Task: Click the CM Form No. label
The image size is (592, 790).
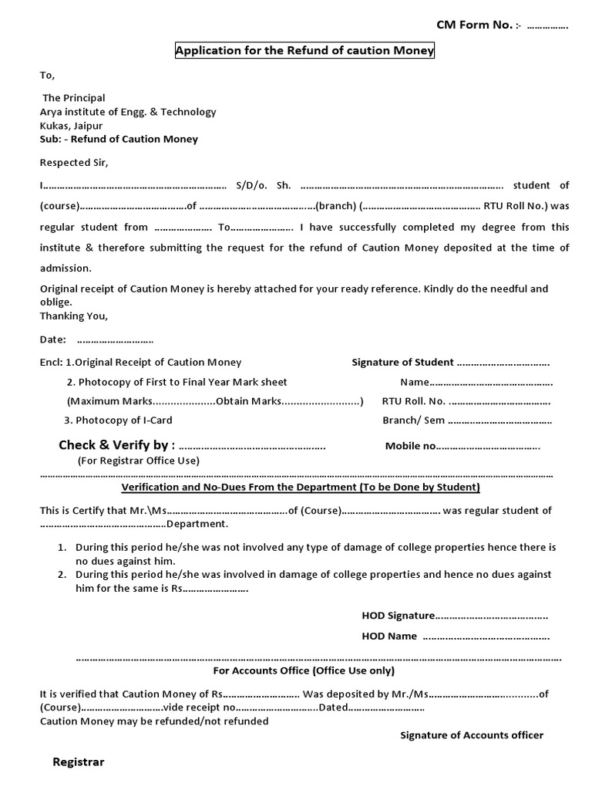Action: point(474,25)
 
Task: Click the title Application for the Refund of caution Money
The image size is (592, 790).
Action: point(305,52)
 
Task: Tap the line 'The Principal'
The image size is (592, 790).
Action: point(73,98)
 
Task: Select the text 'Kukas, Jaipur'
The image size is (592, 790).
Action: point(71,126)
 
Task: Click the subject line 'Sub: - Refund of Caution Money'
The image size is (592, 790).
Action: point(119,140)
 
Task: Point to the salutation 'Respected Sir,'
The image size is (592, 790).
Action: point(74,163)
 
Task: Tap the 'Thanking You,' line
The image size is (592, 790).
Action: point(74,316)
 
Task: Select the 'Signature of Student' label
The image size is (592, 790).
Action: point(402,363)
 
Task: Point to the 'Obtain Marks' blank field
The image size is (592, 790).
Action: point(322,402)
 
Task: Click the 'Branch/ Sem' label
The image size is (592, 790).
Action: point(413,420)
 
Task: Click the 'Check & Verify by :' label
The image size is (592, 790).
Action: point(116,445)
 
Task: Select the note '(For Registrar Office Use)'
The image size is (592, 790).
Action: point(138,461)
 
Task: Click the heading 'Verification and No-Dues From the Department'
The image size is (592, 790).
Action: point(301,488)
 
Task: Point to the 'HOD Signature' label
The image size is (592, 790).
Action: point(398,616)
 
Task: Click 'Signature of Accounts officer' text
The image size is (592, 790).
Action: point(471,735)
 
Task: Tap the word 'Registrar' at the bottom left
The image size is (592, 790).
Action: point(78,762)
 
